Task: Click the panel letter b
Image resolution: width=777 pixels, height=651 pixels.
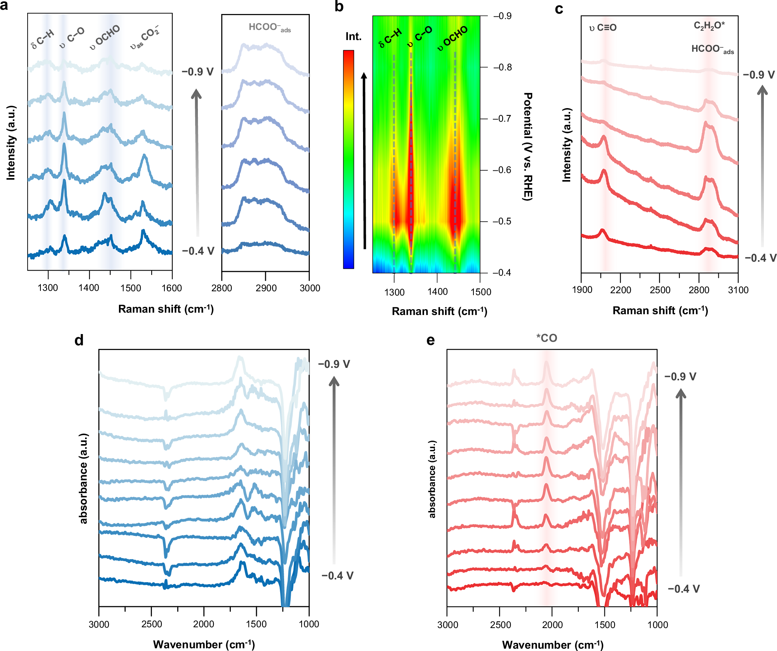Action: [x=339, y=7]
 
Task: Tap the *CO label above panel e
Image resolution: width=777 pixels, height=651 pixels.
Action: [x=547, y=338]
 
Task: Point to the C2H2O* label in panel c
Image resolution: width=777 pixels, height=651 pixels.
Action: [x=709, y=26]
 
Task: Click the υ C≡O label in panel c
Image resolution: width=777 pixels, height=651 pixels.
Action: [x=603, y=28]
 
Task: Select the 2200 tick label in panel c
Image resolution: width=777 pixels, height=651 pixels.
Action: [x=620, y=290]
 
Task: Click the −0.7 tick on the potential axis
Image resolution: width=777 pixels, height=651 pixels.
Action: [x=502, y=119]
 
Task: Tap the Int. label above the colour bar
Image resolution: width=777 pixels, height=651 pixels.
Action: [x=353, y=37]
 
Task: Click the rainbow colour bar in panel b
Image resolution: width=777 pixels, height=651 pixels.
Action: [x=348, y=159]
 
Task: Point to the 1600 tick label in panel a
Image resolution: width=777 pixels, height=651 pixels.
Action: [x=171, y=288]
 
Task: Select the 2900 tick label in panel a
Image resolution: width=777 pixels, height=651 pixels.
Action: [x=266, y=288]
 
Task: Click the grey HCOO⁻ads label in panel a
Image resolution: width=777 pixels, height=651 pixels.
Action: [x=269, y=28]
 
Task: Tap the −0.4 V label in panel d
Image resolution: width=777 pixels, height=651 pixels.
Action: [x=337, y=576]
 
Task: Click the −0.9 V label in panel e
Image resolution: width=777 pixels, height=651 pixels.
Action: [x=680, y=377]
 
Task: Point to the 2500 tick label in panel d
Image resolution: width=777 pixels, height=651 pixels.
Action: [x=152, y=624]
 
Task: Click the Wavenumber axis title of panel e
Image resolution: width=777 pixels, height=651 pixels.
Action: [x=552, y=645]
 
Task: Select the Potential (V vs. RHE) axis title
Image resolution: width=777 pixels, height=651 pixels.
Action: [x=527, y=147]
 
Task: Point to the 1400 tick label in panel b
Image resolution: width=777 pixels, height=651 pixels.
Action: [x=437, y=292]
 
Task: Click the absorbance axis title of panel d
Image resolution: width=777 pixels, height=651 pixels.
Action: [x=84, y=478]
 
